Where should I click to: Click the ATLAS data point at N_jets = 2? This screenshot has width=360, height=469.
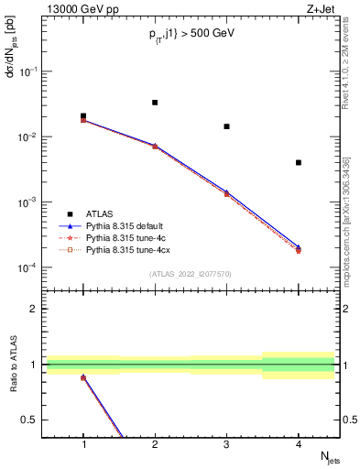[x=155, y=103]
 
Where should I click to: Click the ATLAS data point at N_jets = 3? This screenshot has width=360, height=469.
[x=226, y=126]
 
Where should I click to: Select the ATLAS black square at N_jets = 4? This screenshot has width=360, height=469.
[x=299, y=163]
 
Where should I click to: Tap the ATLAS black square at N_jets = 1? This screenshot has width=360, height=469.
[x=83, y=116]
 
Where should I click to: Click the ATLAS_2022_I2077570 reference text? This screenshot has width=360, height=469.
[x=191, y=274]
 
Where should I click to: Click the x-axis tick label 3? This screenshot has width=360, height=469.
[x=227, y=444]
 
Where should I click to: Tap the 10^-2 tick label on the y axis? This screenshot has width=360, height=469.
[x=30, y=137]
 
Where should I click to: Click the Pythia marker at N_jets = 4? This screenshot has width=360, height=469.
[x=299, y=248]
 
